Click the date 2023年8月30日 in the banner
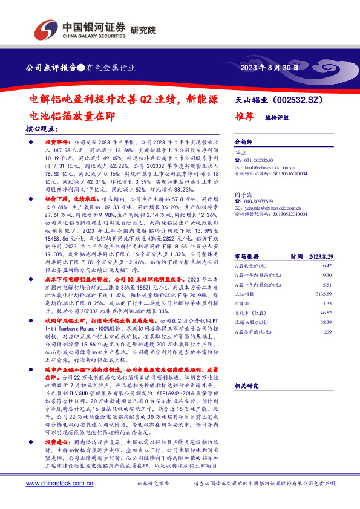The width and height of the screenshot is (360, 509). click(270, 68)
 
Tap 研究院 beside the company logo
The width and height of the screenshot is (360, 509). click(143, 29)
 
